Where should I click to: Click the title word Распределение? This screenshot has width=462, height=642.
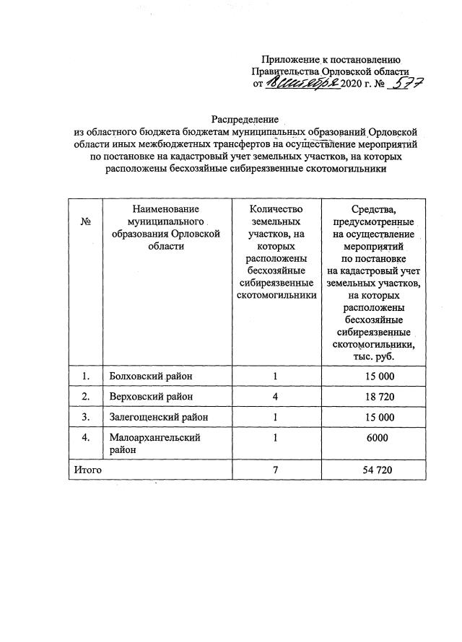246,118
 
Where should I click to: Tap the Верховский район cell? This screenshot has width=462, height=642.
151,397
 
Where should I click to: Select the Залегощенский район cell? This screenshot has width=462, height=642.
160,417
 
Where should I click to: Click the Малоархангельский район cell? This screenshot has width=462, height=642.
154,443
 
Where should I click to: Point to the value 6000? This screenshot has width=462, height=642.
376,438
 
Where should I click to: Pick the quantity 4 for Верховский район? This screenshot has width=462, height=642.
276,397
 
